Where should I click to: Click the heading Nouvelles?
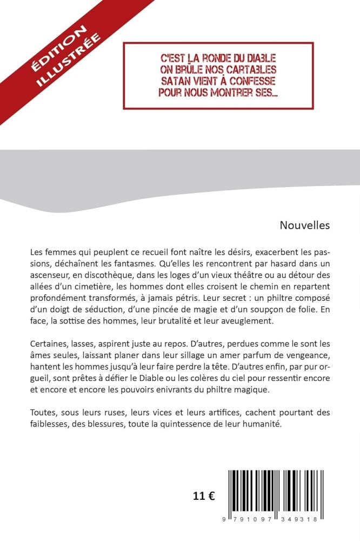click(x=304, y=226)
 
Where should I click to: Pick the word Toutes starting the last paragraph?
click(x=43, y=412)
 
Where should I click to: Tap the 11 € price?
click(x=204, y=497)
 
